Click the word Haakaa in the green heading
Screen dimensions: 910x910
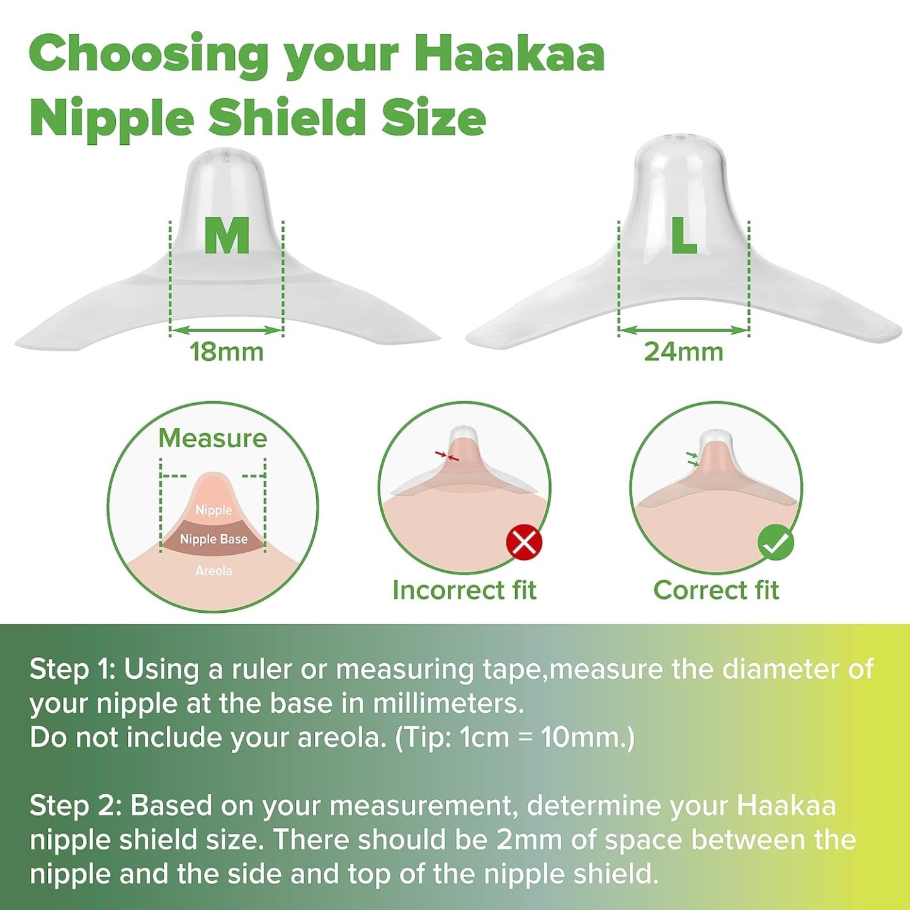pyautogui.click(x=509, y=54)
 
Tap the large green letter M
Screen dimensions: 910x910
pyautogui.click(x=227, y=236)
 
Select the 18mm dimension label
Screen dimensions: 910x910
pyautogui.click(x=227, y=352)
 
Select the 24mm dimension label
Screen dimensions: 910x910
pyautogui.click(x=684, y=352)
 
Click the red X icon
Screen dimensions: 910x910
pyautogui.click(x=524, y=542)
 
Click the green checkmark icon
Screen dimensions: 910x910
pyautogui.click(x=776, y=542)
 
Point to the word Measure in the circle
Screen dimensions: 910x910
pyautogui.click(x=213, y=438)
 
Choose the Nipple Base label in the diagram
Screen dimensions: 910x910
pyautogui.click(x=213, y=539)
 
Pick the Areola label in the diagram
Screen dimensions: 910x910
pyautogui.click(x=213, y=571)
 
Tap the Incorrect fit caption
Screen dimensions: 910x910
pyautogui.click(x=464, y=590)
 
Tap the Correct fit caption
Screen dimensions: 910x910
pyautogui.click(x=716, y=590)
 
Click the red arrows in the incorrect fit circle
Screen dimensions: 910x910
pyautogui.click(x=447, y=455)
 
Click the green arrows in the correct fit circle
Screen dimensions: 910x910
pyautogui.click(x=693, y=459)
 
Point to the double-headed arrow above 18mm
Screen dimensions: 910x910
pyautogui.click(x=227, y=330)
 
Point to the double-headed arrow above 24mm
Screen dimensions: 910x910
pyautogui.click(x=684, y=330)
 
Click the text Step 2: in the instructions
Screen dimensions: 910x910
pyautogui.click(x=75, y=805)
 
